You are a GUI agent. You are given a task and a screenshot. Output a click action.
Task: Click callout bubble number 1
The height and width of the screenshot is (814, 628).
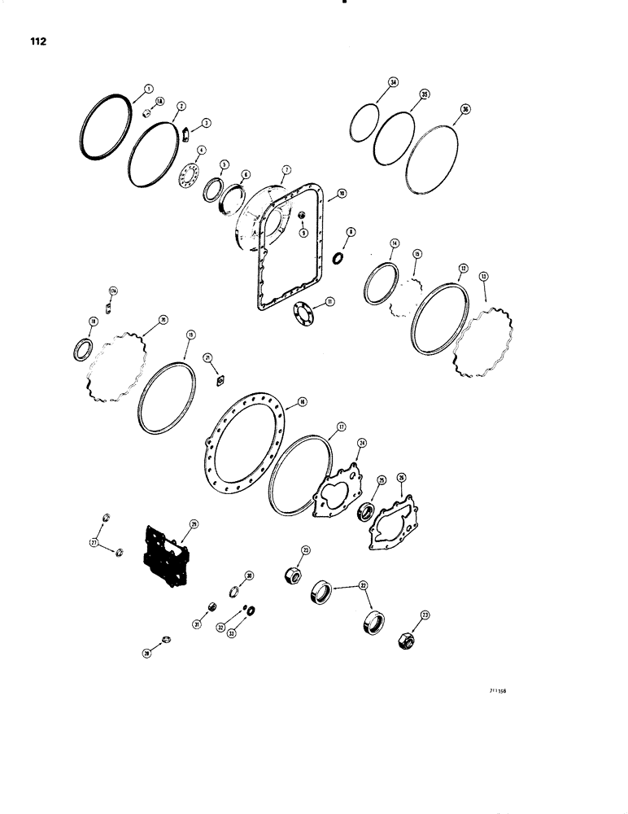(x=148, y=88)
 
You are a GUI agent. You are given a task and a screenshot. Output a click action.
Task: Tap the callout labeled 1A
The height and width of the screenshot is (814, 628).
(x=159, y=102)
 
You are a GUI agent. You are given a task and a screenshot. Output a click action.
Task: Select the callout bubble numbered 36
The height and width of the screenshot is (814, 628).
(x=464, y=108)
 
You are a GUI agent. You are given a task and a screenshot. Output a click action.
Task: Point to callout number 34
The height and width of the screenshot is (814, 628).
(x=393, y=83)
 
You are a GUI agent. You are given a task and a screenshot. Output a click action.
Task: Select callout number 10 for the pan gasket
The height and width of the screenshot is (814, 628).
(x=342, y=194)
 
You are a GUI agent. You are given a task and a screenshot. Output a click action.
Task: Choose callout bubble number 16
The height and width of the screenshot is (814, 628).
(x=301, y=401)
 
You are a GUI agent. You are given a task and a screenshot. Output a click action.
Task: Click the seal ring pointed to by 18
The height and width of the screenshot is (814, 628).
(x=82, y=349)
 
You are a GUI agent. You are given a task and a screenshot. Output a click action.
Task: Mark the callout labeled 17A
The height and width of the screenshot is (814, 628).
(x=113, y=291)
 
